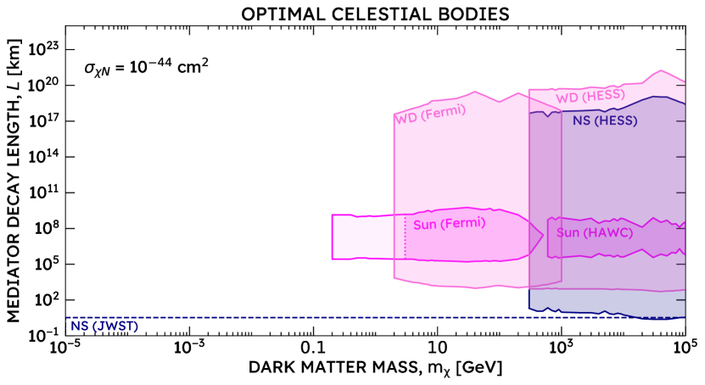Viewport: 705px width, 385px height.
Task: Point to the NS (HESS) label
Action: click(604, 121)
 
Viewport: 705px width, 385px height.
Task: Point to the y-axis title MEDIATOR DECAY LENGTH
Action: click(14, 181)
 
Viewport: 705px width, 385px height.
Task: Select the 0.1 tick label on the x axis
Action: click(313, 349)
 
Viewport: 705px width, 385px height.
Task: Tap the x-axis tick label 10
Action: click(437, 349)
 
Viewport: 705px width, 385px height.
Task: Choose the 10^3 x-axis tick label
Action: click(562, 349)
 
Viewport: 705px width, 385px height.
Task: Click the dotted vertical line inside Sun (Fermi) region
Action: click(406, 237)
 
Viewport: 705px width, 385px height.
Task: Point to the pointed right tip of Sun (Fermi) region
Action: click(543, 233)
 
